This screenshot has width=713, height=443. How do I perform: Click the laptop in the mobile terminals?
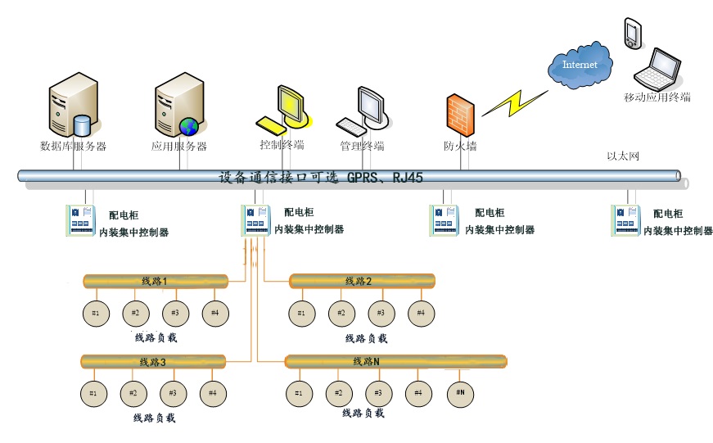pyautogui.click(x=661, y=70)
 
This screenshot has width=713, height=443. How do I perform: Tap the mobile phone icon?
pyautogui.click(x=632, y=32)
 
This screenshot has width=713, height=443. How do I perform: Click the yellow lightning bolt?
pyautogui.click(x=514, y=102)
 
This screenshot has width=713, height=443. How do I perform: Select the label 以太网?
pyautogui.click(x=621, y=156)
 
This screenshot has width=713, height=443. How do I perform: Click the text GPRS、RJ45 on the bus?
pyautogui.click(x=385, y=177)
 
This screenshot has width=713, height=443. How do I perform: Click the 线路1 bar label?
pyautogui.click(x=154, y=282)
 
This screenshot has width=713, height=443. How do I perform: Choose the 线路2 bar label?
pyautogui.click(x=359, y=282)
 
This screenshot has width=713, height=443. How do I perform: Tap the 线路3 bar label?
pyautogui.click(x=153, y=362)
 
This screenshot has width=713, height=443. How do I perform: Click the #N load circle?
pyautogui.click(x=460, y=393)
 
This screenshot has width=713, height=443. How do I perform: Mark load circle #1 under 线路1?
pyautogui.click(x=96, y=313)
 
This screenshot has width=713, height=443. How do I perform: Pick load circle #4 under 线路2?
pyautogui.click(x=421, y=313)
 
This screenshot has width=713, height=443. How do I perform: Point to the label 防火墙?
pyautogui.click(x=461, y=147)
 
